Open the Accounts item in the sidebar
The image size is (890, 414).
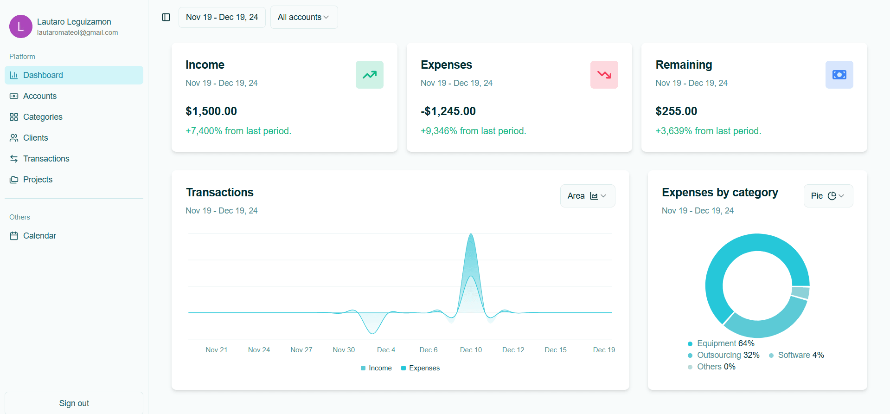pos(40,96)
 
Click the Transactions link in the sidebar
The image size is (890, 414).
pos(46,159)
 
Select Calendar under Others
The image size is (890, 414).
pos(39,236)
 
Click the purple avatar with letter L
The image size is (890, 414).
pos(20,26)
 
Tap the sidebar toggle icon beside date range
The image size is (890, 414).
pos(166,17)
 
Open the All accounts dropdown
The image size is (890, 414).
pos(304,17)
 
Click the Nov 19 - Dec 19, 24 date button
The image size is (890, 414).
pos(222,17)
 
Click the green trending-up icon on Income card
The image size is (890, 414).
pos(369,75)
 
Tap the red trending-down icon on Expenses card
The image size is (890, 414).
pos(604,75)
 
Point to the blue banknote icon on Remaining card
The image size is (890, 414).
pos(839,75)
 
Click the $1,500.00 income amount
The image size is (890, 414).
pos(211,111)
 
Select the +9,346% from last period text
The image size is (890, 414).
pos(473,131)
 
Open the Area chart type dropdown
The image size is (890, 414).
pos(587,196)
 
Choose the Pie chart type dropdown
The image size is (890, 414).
pos(828,196)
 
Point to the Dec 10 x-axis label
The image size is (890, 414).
pos(471,350)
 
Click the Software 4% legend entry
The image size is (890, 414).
pos(796,355)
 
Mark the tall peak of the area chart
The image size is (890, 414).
pos(471,235)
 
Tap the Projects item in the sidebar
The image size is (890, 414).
pos(38,180)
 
